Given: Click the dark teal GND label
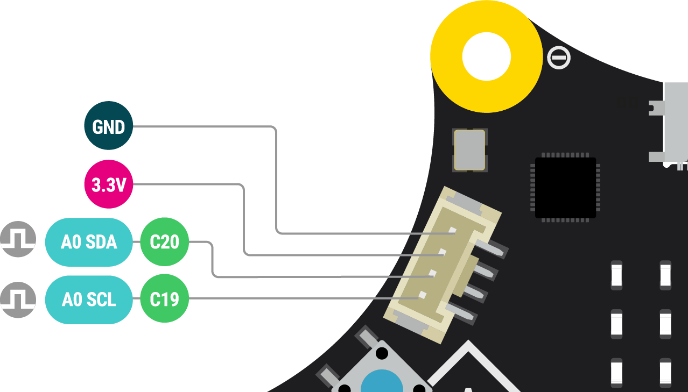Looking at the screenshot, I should [108, 126].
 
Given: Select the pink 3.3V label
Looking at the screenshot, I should [108, 184].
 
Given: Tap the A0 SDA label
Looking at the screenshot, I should [89, 242].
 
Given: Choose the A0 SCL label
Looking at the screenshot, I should [89, 300].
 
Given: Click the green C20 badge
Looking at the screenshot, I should [164, 242].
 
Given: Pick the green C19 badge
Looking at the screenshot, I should [164, 300].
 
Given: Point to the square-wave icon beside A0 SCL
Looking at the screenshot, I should [18, 300].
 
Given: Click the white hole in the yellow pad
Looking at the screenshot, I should [486, 56].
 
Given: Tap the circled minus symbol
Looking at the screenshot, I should [558, 58].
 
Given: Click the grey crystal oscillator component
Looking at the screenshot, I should [470, 149].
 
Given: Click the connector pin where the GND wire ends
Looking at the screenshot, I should [453, 231].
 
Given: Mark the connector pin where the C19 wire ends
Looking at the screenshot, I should [422, 295].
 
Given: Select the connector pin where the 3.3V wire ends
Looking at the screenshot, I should [443, 252].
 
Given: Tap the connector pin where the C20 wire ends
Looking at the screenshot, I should [432, 274].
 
